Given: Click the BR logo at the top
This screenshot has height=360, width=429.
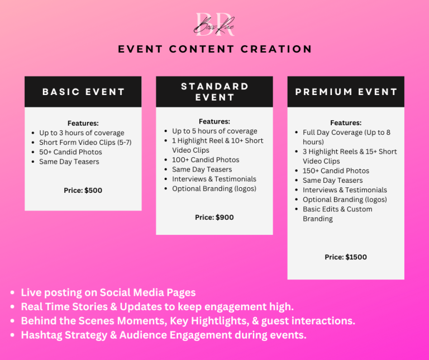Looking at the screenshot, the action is (x=214, y=25).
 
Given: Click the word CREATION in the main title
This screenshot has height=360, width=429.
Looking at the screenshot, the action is (x=277, y=49).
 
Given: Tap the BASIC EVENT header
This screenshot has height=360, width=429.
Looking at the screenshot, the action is (x=83, y=92).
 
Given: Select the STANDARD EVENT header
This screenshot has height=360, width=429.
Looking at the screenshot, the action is (x=214, y=92).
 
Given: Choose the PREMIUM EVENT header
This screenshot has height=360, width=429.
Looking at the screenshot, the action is (x=346, y=92).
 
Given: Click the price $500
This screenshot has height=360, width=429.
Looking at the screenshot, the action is (x=93, y=190).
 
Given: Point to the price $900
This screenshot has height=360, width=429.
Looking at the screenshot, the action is (x=225, y=217).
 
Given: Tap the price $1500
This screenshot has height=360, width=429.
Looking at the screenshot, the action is (x=356, y=257).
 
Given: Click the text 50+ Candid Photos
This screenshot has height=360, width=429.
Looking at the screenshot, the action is (x=70, y=152).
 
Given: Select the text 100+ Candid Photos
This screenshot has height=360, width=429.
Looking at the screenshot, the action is (x=206, y=160).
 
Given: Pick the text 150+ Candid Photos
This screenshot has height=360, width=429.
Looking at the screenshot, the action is (x=336, y=171).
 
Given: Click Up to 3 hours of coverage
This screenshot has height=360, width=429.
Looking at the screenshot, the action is (x=82, y=133).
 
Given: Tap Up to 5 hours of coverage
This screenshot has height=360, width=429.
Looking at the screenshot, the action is (x=214, y=131).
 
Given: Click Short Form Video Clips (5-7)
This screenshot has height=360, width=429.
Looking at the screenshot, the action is (x=85, y=143).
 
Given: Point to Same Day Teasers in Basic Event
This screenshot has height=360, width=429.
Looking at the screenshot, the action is (x=69, y=162).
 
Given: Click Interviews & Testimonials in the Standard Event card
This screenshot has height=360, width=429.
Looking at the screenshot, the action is (x=214, y=179).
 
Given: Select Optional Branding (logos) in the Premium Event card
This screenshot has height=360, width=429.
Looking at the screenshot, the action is (x=345, y=200).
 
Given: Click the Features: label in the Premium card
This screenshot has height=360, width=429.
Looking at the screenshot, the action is (x=346, y=122).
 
